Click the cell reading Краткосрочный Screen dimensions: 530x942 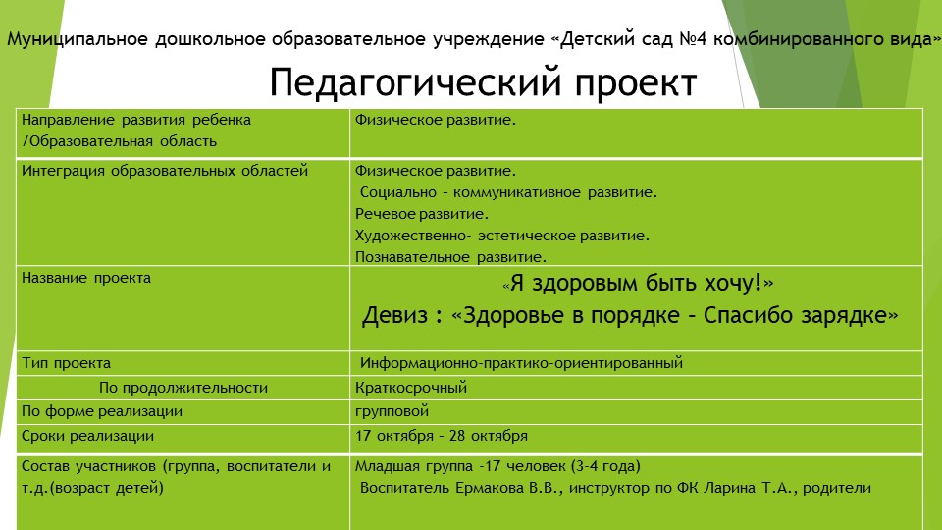point(411,387)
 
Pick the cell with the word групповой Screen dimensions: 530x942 point(392,411)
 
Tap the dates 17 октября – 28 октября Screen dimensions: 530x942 point(442,436)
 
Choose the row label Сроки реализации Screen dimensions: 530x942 point(87,436)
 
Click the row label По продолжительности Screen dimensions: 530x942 point(183,387)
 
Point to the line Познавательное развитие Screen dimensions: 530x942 point(450,257)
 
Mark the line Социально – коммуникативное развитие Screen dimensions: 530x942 point(508,192)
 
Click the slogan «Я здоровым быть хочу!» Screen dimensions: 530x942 point(638,284)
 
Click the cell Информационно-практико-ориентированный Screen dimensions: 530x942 point(521,363)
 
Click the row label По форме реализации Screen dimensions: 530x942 point(102,411)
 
